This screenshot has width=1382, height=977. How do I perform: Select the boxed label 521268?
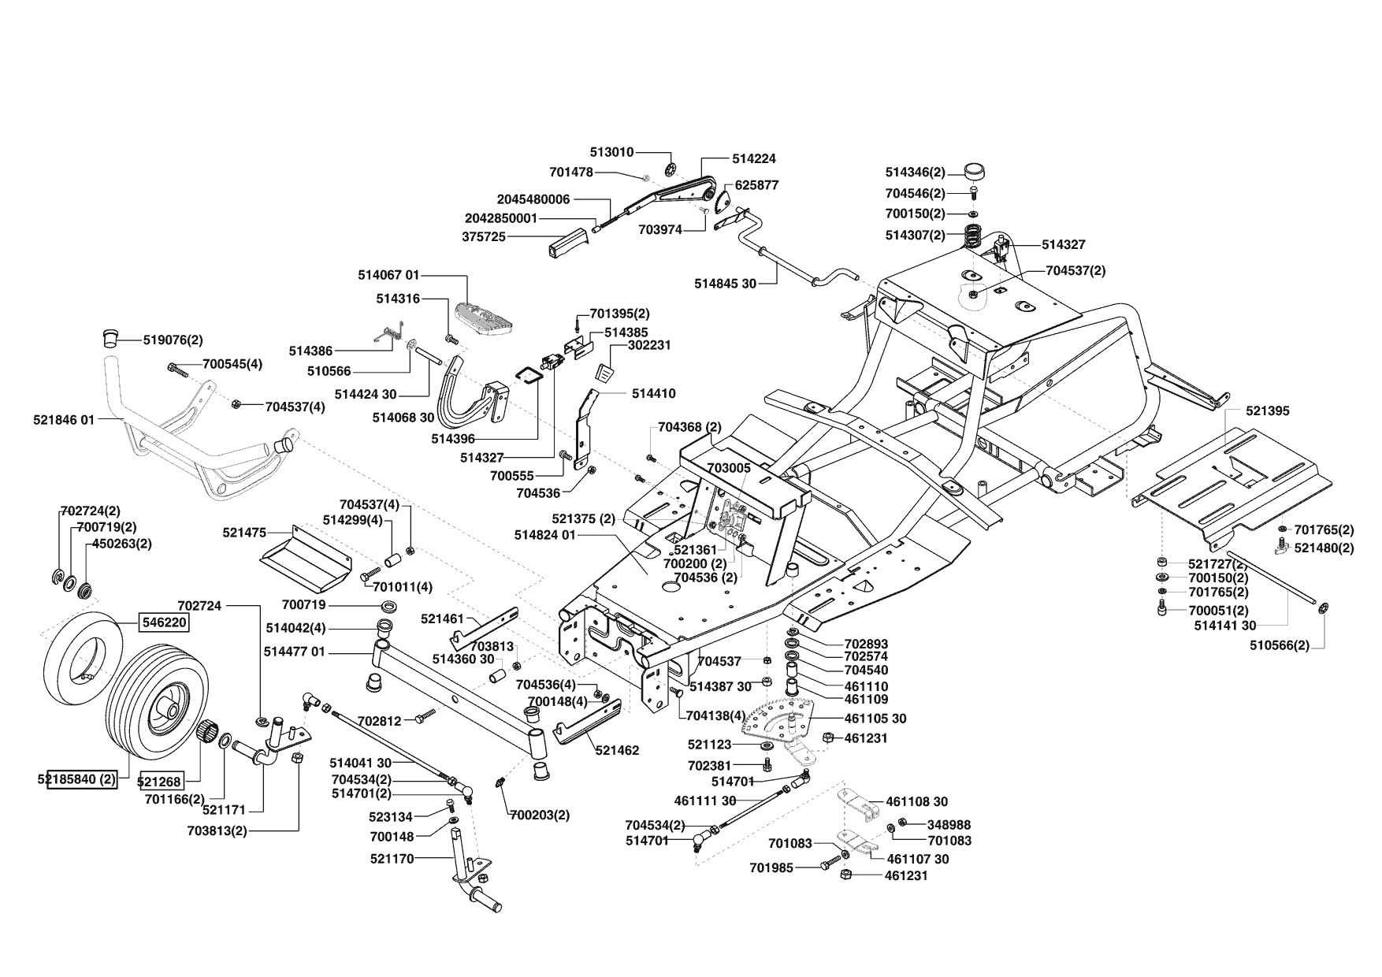tap(160, 782)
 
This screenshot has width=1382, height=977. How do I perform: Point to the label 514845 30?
tap(725, 284)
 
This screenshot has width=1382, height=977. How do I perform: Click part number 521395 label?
tap(1268, 410)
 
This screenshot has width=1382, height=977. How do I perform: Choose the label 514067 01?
tap(388, 275)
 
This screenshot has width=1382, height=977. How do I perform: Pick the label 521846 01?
tap(64, 420)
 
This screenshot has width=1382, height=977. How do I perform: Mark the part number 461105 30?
tap(875, 719)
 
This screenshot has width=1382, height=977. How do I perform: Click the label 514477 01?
tap(295, 652)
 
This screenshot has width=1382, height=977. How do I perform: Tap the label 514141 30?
tap(1225, 626)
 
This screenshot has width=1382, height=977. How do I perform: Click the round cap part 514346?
tap(976, 171)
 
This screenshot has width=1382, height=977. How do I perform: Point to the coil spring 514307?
tap(976, 235)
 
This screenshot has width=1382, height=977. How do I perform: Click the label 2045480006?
tap(533, 199)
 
